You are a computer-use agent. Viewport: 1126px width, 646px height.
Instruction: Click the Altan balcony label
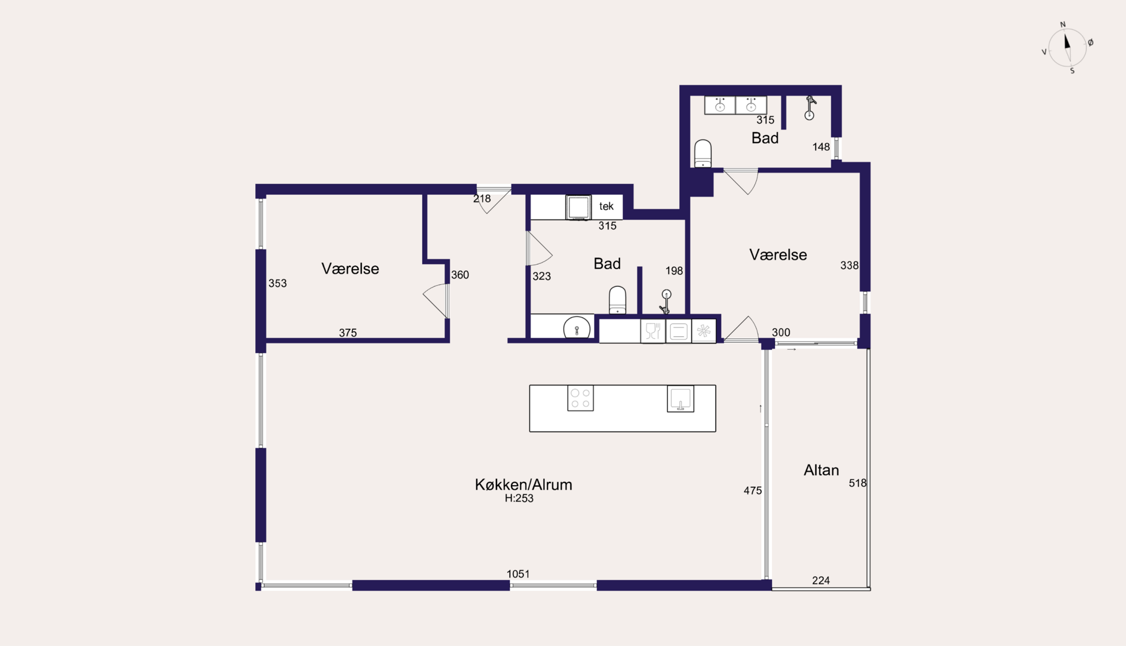click(x=821, y=470)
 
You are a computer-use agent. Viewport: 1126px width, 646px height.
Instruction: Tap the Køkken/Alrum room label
click(x=523, y=484)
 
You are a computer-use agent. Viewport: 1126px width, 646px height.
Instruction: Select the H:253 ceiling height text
click(x=519, y=498)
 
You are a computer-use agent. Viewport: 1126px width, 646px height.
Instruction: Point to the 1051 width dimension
click(x=518, y=574)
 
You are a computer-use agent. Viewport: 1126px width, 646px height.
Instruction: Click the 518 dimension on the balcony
click(x=857, y=483)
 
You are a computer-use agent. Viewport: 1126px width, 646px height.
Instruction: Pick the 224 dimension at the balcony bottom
click(x=821, y=580)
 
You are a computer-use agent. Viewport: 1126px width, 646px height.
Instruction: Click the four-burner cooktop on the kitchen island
click(x=580, y=399)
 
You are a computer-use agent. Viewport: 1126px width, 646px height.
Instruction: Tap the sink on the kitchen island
click(x=680, y=399)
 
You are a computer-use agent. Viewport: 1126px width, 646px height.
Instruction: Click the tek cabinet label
click(x=606, y=206)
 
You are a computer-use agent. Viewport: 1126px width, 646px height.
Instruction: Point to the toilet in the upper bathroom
click(x=703, y=153)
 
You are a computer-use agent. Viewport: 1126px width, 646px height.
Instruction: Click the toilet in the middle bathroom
click(x=617, y=300)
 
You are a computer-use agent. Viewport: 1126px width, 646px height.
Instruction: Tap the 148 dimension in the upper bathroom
click(x=821, y=147)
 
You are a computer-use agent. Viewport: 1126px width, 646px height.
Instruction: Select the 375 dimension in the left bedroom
click(x=348, y=333)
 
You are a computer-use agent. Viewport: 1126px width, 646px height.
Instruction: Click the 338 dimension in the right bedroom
click(x=849, y=265)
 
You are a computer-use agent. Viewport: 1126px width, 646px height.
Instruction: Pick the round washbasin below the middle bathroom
click(x=576, y=328)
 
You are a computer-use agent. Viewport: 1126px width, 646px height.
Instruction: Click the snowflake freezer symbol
click(x=704, y=331)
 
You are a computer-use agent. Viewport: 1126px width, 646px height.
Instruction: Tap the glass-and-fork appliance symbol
click(x=653, y=331)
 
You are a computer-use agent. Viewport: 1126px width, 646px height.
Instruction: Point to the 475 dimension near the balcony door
click(x=753, y=491)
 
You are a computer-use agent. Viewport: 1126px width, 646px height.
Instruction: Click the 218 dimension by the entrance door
click(x=482, y=199)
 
